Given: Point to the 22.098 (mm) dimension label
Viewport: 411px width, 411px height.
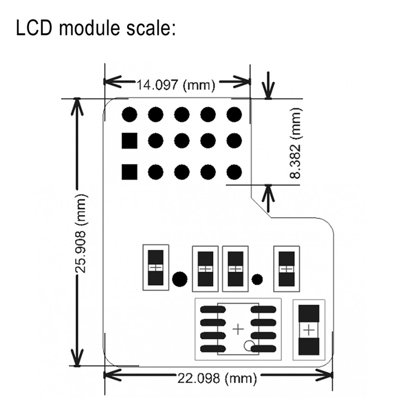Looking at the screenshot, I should click(x=217, y=379).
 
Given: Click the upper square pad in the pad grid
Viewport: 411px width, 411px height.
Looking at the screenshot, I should click(x=129, y=141).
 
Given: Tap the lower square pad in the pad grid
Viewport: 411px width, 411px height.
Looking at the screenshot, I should click(x=129, y=172).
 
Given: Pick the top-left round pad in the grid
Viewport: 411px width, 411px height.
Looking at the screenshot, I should click(x=129, y=114).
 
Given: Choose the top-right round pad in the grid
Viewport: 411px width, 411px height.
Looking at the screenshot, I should click(x=234, y=114).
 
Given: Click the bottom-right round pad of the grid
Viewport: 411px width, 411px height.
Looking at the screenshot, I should click(x=234, y=172).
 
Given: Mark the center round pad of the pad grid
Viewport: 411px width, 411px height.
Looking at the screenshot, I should click(x=181, y=141).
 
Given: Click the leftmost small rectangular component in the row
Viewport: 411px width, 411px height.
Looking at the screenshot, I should click(x=156, y=268).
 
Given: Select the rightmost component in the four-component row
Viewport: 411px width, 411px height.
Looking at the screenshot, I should click(x=286, y=268).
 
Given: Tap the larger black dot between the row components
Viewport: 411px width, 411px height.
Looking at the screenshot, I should click(x=179, y=279).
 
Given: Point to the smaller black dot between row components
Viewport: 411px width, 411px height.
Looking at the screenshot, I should click(x=257, y=279).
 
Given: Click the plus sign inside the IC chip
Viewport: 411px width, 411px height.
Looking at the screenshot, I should click(x=238, y=329).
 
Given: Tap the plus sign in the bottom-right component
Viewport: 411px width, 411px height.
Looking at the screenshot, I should click(x=309, y=330).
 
